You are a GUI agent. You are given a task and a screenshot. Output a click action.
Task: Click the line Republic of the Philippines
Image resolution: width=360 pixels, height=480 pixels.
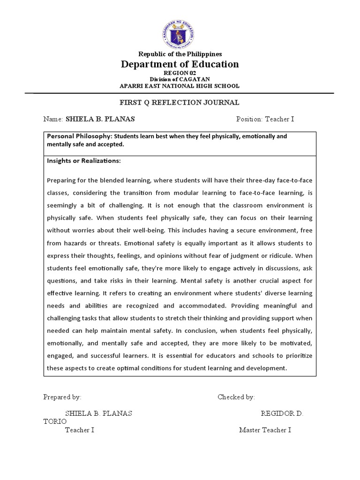click(x=180, y=54)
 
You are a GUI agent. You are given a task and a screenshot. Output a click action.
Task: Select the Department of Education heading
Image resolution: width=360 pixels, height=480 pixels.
click(x=180, y=64)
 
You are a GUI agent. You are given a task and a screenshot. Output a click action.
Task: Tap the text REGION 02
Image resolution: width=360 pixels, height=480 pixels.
click(x=180, y=74)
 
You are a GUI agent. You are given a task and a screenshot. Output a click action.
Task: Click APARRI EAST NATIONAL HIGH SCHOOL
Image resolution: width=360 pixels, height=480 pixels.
click(x=180, y=86)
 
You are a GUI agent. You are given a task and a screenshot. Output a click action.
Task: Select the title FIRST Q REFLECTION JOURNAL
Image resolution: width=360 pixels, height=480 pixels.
click(x=180, y=102)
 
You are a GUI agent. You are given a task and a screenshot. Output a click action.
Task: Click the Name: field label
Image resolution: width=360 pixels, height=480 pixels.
click(x=53, y=119)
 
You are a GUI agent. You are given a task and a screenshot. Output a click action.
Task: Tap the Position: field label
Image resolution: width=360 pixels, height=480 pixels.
click(x=250, y=119)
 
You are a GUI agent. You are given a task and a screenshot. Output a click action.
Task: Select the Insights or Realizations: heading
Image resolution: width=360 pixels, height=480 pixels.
click(x=84, y=161)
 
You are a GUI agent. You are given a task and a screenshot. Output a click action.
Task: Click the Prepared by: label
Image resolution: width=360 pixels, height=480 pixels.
click(x=62, y=397)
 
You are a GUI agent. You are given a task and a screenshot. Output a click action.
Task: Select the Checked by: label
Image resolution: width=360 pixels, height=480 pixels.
click(x=236, y=397)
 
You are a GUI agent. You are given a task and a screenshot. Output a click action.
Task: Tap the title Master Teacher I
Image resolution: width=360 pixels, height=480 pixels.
click(x=265, y=430)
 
